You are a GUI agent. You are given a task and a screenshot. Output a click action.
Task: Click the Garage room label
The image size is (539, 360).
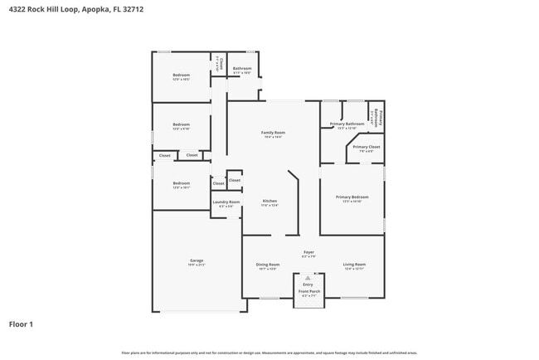197,260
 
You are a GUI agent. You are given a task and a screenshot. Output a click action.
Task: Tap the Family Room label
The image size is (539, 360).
273,133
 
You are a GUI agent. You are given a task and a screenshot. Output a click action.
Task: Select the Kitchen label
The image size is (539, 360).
269,201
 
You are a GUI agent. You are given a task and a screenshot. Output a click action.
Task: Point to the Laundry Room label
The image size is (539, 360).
226,202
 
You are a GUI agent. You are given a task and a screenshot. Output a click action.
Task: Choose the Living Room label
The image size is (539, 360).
354,265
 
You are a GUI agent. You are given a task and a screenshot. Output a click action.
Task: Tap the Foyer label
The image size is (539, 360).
308,251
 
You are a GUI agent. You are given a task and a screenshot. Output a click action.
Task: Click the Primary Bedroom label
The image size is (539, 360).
352,197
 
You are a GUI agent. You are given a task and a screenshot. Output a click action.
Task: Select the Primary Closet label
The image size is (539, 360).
367,147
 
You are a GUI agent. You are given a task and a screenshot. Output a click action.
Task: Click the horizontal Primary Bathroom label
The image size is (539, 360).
347,124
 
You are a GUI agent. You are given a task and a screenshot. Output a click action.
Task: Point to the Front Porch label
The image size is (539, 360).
308,291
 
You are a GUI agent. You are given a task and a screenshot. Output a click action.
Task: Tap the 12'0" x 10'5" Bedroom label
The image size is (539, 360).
181,75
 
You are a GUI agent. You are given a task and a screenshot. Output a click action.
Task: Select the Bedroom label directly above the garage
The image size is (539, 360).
181,183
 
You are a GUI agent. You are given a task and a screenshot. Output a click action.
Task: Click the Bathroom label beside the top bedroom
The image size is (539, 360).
242,68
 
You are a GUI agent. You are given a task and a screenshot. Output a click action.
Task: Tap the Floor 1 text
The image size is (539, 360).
21,324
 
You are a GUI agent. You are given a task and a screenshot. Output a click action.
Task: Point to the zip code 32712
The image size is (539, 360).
132,9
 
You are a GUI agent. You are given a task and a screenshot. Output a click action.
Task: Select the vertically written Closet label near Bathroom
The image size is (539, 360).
221,62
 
